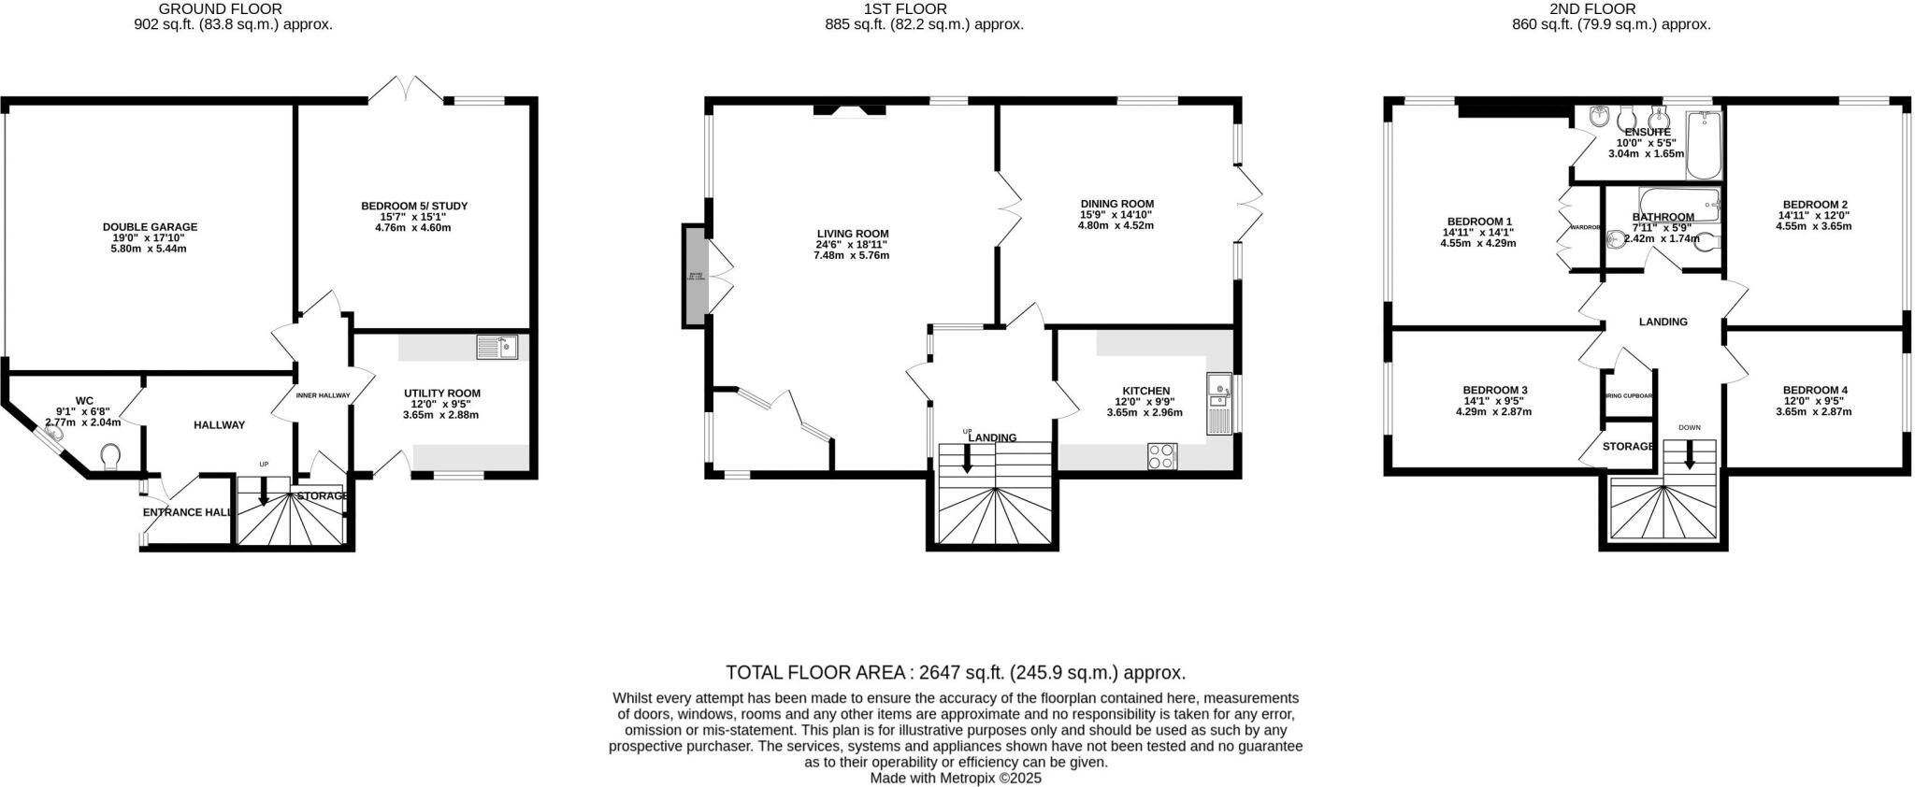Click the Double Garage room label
150,227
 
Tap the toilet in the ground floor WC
110,457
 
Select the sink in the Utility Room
497,348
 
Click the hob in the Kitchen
1162,456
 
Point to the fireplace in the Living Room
849,111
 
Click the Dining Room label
1116,204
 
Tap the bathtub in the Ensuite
1705,145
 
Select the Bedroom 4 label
1814,391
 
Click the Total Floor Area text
956,672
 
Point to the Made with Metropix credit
956,778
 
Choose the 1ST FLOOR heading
904,9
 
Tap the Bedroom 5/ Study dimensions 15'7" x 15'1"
414,217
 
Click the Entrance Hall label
187,512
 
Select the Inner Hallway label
323,395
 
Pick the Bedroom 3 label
1494,391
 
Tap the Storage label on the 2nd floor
1628,447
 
